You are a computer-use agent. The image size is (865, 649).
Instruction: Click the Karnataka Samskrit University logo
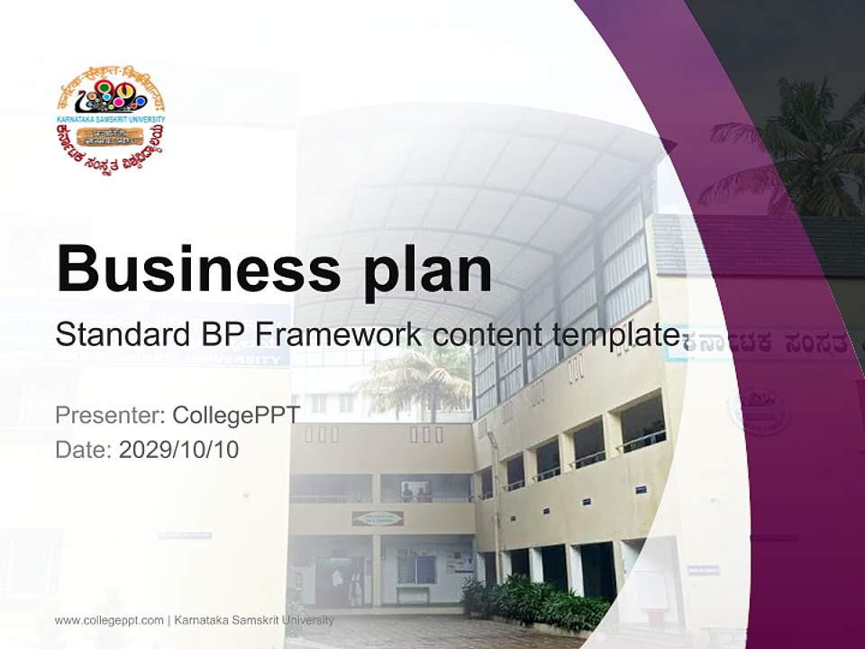110,119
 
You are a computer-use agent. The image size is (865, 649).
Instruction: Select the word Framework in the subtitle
338,334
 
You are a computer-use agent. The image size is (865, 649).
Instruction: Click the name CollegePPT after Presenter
235,416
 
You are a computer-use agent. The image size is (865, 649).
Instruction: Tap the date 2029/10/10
179,449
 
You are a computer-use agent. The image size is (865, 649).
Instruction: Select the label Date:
84,449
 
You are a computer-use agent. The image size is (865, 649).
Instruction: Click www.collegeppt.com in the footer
109,620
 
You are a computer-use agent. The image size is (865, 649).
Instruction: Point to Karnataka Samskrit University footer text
253,620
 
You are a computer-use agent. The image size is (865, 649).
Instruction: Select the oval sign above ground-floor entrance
378,517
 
